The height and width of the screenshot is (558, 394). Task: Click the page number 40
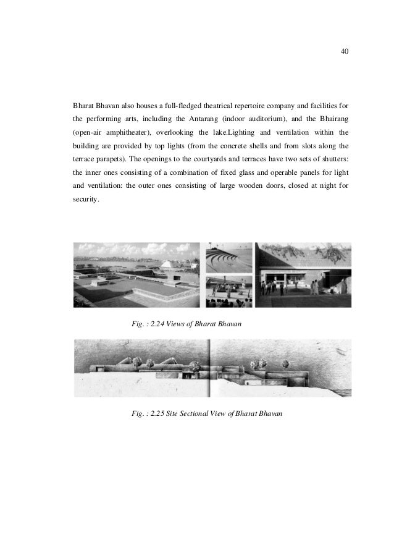(345, 51)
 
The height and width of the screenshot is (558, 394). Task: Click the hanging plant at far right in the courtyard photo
(339, 252)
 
